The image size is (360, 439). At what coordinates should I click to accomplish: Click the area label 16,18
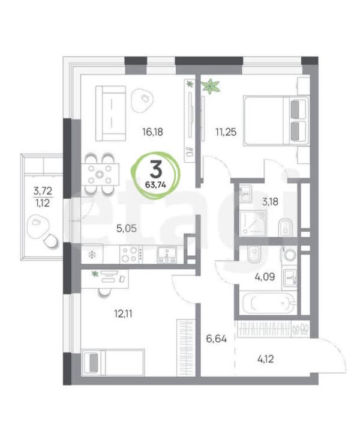tap(152, 132)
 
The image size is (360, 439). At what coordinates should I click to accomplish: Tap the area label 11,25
tap(226, 132)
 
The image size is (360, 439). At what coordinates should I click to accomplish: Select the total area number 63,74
tap(155, 185)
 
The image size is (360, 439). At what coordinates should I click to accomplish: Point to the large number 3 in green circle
tap(156, 170)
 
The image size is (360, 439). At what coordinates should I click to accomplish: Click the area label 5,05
tap(127, 228)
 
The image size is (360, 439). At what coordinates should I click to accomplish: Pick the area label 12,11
tap(123, 314)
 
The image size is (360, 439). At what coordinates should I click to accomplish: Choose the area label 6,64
tap(216, 339)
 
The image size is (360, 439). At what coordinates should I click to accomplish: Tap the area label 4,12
tap(265, 359)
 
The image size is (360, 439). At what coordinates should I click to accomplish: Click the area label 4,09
tap(265, 277)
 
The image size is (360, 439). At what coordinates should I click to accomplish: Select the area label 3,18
tap(270, 202)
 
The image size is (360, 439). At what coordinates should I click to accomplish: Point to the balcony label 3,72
tap(43, 191)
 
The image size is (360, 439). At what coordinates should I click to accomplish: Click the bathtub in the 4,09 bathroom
tap(269, 303)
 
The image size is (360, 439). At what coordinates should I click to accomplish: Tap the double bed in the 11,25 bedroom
tap(277, 121)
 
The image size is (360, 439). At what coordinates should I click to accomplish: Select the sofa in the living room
tap(110, 114)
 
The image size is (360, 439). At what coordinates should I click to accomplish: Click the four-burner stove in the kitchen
tap(131, 254)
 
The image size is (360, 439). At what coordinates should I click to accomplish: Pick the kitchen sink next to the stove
tap(167, 255)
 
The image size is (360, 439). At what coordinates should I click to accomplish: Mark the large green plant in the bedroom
tap(211, 86)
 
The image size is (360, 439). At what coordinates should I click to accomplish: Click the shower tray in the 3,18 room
tap(253, 223)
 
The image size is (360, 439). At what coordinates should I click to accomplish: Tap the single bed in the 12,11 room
tap(113, 362)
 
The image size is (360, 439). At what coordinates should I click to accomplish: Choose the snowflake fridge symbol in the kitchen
tap(92, 255)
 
